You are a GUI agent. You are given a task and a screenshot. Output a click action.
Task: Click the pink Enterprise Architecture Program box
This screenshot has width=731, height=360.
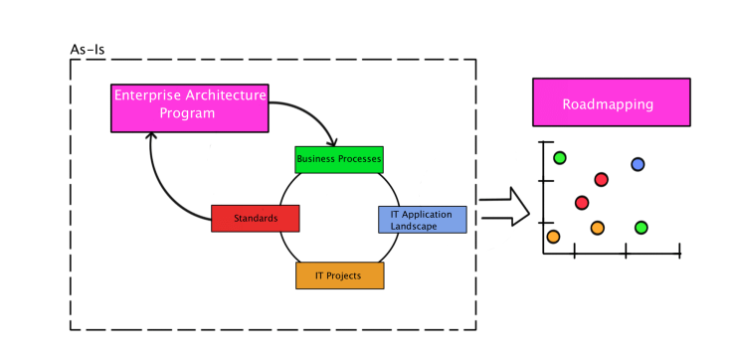tap(188, 107)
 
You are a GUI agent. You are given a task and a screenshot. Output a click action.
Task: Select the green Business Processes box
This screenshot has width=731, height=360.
tap(339, 159)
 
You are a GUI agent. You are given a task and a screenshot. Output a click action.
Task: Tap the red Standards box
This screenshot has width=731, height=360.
tap(256, 218)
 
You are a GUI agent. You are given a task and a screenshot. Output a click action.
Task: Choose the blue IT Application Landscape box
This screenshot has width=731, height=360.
tap(422, 220)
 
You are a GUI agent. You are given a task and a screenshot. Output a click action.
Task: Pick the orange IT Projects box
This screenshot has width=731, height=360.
tap(340, 275)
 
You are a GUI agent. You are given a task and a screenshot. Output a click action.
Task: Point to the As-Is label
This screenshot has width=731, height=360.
tap(89, 48)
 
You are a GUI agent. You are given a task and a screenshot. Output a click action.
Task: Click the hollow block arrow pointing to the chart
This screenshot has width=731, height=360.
tap(505, 205)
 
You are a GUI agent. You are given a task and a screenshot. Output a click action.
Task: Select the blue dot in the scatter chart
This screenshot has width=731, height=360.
tap(638, 164)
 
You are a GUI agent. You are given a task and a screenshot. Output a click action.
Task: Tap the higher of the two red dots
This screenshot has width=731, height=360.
tap(601, 180)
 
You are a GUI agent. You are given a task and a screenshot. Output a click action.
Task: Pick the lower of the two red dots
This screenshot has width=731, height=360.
tap(582, 203)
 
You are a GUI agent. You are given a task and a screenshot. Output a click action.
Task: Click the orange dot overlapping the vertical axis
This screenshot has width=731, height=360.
tap(553, 237)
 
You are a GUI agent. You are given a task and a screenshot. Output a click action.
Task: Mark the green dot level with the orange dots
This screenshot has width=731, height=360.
tap(641, 228)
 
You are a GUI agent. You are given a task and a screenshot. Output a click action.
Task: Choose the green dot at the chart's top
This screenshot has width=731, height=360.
tap(560, 157)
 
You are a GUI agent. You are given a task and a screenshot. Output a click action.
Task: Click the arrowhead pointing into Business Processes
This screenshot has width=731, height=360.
tap(335, 142)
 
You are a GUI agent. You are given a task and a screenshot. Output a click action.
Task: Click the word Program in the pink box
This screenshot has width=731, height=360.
tap(188, 113)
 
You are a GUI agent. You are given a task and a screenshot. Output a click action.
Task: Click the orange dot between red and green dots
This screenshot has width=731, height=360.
tap(597, 228)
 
